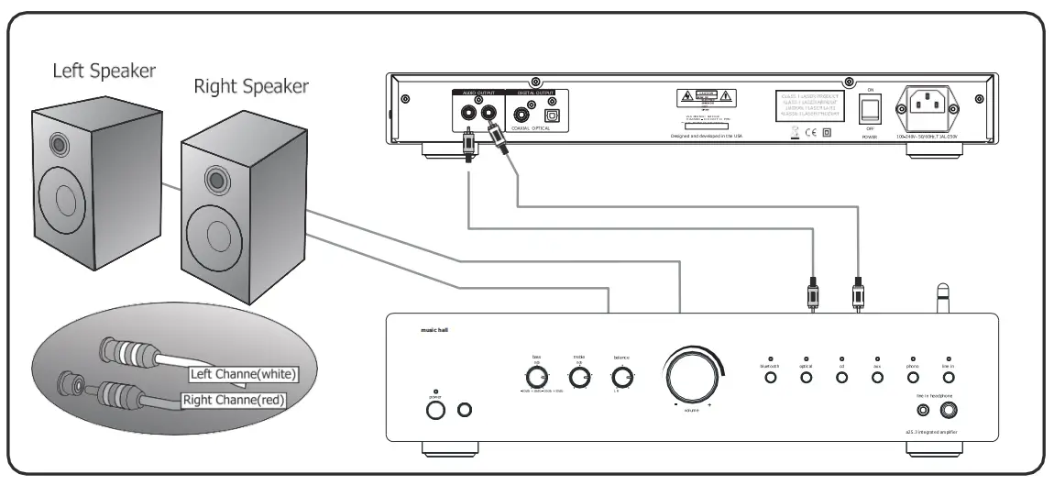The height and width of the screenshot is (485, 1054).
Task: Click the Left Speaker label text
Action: (x=104, y=71)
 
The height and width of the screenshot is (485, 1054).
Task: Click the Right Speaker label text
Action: (x=251, y=87)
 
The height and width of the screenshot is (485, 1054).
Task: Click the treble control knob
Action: (x=579, y=378)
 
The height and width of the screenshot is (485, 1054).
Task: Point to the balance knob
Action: (x=622, y=377)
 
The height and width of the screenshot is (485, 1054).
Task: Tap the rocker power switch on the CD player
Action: (x=870, y=111)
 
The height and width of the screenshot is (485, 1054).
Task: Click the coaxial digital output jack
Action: (x=526, y=116)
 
